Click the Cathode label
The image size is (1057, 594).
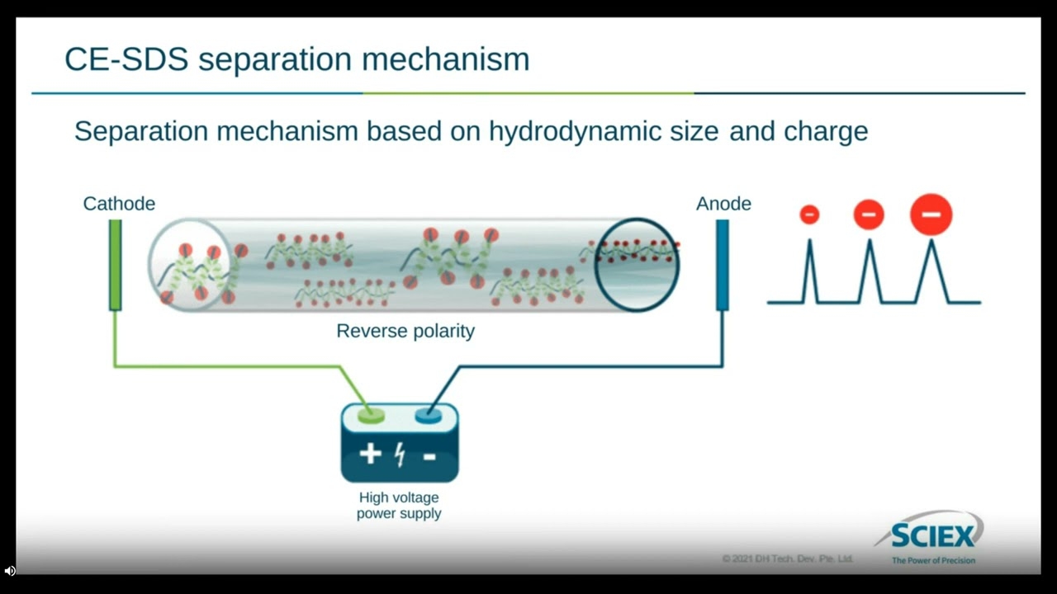(119, 204)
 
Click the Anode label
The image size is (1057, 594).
(723, 204)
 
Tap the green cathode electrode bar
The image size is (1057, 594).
(115, 265)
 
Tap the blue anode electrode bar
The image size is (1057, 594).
(722, 265)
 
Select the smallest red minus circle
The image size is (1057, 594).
(809, 215)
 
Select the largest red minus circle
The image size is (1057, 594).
(931, 214)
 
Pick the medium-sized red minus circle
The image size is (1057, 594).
(869, 214)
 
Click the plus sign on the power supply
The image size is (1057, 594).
(371, 454)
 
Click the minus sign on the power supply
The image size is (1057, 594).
(429, 456)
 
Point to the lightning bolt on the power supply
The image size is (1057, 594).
(401, 455)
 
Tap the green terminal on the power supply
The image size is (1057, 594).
(371, 416)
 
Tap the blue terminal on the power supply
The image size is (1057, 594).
(429, 416)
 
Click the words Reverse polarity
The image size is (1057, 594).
(405, 331)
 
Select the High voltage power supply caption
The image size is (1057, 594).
(399, 506)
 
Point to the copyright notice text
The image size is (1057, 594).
(788, 559)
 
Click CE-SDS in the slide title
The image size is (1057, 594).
(126, 59)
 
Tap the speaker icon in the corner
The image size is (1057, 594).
(9, 571)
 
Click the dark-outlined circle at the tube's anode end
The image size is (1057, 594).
(595, 265)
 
